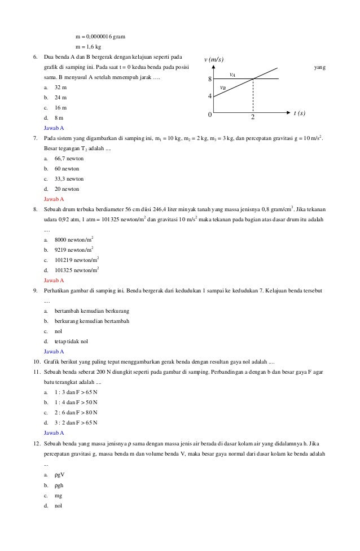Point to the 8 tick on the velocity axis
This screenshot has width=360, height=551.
pyautogui.click(x=209, y=79)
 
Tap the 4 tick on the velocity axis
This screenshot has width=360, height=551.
pyautogui.click(x=209, y=97)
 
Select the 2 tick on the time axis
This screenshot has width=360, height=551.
pyautogui.click(x=253, y=118)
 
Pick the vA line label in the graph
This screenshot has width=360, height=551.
pyautogui.click(x=232, y=74)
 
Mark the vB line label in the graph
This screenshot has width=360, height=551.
pyautogui.click(x=223, y=88)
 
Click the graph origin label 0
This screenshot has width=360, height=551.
pyautogui.click(x=209, y=115)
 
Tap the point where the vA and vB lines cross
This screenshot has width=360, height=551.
pyautogui.click(x=253, y=78)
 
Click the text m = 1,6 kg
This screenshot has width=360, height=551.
pyautogui.click(x=89, y=47)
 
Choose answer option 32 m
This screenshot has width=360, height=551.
pyautogui.click(x=60, y=88)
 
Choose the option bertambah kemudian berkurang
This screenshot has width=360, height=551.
pyautogui.click(x=91, y=311)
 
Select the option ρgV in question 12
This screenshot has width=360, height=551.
pyautogui.click(x=59, y=475)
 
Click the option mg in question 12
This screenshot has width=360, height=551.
pyautogui.click(x=58, y=496)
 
